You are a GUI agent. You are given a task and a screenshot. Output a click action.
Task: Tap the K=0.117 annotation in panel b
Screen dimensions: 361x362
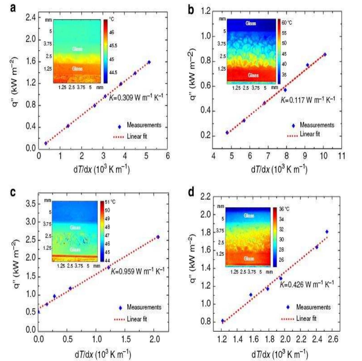tap(307, 100)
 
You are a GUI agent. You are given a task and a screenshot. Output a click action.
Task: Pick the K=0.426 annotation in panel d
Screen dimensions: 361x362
tap(306, 284)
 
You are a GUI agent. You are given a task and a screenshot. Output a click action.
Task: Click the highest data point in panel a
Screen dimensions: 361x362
tap(149, 62)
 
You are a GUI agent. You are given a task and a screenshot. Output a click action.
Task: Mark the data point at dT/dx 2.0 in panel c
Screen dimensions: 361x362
tap(158, 237)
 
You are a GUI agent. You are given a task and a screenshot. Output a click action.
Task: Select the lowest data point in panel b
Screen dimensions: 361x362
tap(227, 132)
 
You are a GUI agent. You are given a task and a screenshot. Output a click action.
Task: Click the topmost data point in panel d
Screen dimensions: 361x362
tap(327, 232)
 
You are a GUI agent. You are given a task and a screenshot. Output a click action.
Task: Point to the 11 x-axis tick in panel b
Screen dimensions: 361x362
tap(341, 156)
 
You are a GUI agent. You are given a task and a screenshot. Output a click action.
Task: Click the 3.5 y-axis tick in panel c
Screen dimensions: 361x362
tap(30, 204)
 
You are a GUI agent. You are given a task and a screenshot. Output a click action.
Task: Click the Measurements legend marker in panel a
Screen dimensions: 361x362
tap(119, 126)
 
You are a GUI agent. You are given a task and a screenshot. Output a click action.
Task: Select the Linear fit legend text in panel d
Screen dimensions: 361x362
tap(306, 318)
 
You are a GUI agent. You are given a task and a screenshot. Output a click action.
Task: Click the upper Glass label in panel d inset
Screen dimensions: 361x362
tap(249, 215)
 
